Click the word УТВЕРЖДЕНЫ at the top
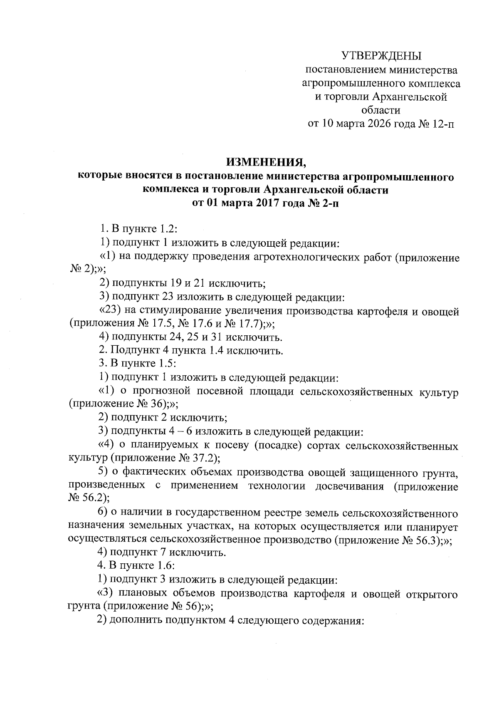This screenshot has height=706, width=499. [x=381, y=55]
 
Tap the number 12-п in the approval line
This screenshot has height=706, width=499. [x=442, y=124]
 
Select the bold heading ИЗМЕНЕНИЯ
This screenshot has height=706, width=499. [x=266, y=162]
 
